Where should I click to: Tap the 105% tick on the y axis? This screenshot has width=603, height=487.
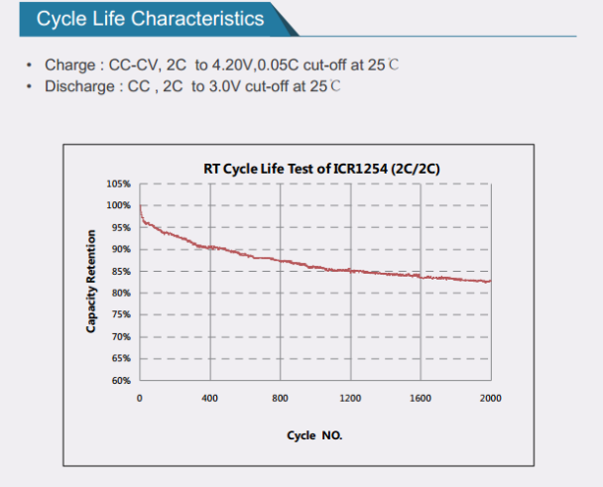click(118, 183)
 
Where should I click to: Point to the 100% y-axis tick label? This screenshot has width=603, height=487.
click(118, 205)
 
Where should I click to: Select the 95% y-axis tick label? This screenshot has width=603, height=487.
click(120, 227)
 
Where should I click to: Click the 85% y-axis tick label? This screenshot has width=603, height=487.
click(120, 271)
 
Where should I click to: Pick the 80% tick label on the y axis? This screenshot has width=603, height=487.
click(120, 293)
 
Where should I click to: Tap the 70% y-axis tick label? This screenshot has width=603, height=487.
click(120, 337)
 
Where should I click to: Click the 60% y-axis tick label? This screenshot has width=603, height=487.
click(120, 381)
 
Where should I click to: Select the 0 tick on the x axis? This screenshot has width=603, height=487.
click(140, 398)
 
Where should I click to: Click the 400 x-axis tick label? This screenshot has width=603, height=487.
click(209, 398)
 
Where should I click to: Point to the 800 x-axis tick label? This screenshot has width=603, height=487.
click(280, 398)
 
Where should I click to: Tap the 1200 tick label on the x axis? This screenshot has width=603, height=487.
click(350, 398)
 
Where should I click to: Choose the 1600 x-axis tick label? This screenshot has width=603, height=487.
click(421, 398)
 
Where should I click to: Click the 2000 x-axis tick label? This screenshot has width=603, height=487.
click(490, 398)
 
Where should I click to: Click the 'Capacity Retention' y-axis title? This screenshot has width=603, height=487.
click(91, 282)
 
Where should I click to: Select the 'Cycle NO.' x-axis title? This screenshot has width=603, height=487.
click(314, 434)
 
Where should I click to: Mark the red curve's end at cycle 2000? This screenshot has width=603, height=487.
click(490, 282)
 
